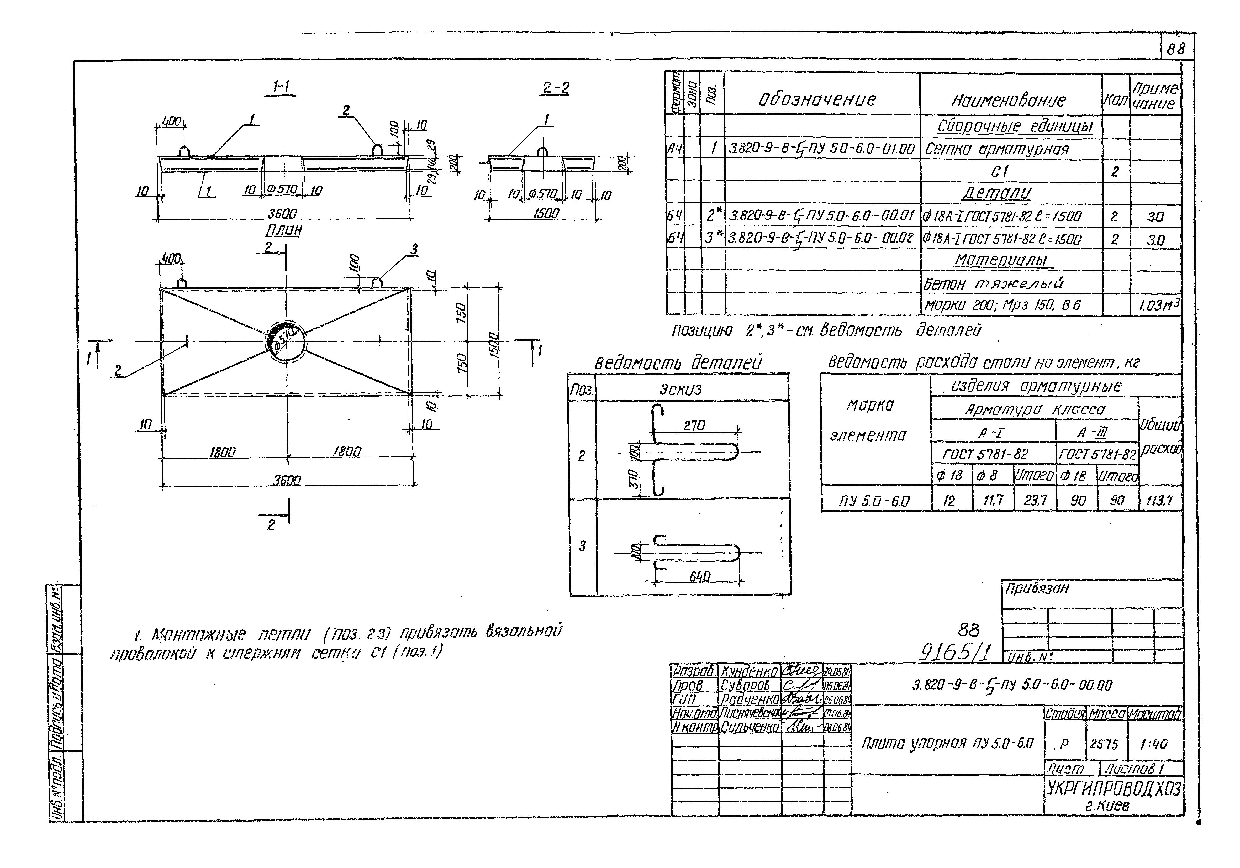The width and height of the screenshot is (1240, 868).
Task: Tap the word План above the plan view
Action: (x=283, y=230)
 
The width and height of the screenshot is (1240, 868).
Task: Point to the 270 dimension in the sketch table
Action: (x=694, y=426)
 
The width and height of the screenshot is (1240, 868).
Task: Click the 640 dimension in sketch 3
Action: (x=699, y=576)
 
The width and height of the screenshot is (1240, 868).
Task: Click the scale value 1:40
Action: (x=1153, y=744)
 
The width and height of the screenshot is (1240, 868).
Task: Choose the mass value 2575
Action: (x=1104, y=744)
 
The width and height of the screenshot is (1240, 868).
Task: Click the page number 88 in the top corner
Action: (x=1176, y=49)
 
